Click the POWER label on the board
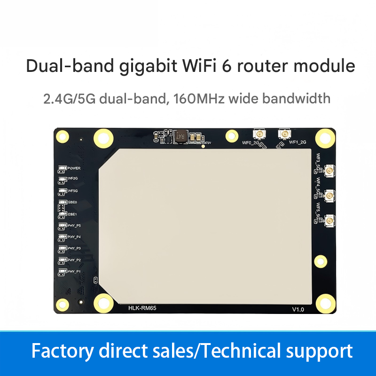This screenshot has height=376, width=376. (74, 168)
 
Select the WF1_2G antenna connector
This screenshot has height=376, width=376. (283, 134)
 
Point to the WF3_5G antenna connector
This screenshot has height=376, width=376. (330, 170)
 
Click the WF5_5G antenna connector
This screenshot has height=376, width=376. (330, 220)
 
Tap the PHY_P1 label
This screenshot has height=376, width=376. (74, 272)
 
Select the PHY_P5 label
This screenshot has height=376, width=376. (74, 225)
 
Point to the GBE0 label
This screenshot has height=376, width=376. (73, 202)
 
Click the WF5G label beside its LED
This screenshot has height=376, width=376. (73, 191)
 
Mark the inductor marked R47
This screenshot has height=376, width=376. (179, 137)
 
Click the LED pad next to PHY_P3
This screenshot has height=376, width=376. (62, 248)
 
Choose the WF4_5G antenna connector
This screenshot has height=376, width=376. (330, 195)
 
